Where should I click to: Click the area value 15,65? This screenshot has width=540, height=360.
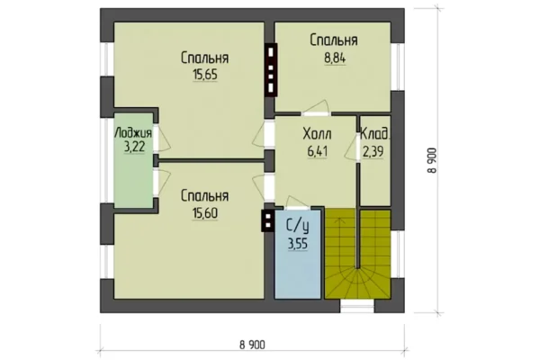(x=205, y=75)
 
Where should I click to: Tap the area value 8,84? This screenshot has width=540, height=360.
(x=335, y=58)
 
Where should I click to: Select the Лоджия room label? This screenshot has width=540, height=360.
(x=133, y=133)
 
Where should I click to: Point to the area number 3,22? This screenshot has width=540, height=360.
(x=133, y=148)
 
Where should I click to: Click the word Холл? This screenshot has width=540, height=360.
(x=317, y=134)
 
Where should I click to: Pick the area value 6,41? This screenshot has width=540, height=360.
(x=317, y=151)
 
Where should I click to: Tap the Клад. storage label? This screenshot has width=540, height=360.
(x=375, y=134)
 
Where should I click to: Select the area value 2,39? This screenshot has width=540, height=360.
(x=373, y=151)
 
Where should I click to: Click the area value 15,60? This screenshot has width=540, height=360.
(x=205, y=213)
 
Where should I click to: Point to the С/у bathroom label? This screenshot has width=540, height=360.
(x=298, y=226)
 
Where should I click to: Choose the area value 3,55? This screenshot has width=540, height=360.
(x=298, y=244)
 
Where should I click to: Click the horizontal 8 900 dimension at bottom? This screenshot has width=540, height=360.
(x=252, y=345)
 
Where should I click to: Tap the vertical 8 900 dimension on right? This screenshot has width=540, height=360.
(x=432, y=160)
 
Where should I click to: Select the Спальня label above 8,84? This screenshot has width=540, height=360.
(x=334, y=40)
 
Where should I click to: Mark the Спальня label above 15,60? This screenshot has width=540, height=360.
(x=205, y=196)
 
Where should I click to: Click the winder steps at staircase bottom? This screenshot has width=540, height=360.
(x=358, y=283)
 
